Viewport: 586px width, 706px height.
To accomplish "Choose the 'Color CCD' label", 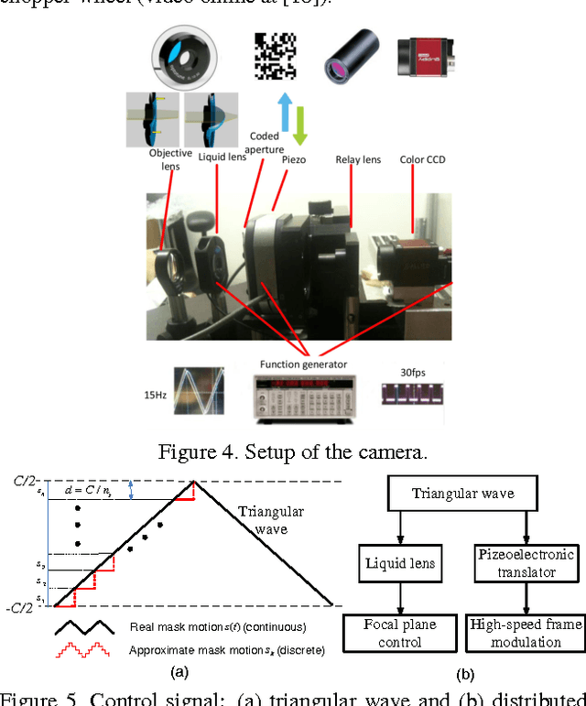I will pos(424,160).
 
